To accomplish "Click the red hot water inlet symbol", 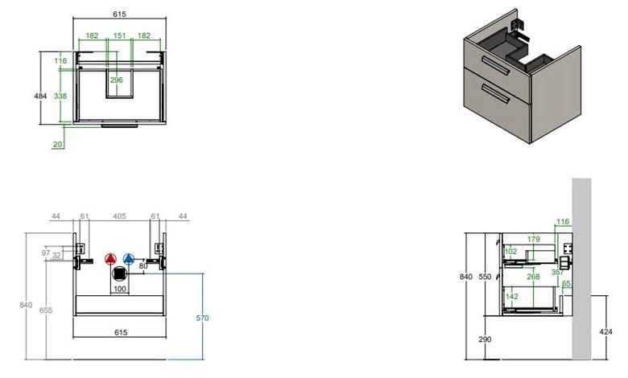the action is click(x=110, y=259).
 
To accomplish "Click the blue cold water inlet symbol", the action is click(x=129, y=259).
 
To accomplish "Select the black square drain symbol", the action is click(x=119, y=274).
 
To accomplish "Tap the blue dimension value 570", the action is click(x=202, y=318).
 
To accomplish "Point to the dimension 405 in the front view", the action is click(x=119, y=216).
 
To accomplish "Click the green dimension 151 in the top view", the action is click(x=119, y=35).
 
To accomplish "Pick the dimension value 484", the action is click(x=40, y=96).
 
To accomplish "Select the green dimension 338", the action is click(x=60, y=96).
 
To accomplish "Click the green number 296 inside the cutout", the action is click(x=117, y=80).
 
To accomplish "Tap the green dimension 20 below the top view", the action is click(x=58, y=145).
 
